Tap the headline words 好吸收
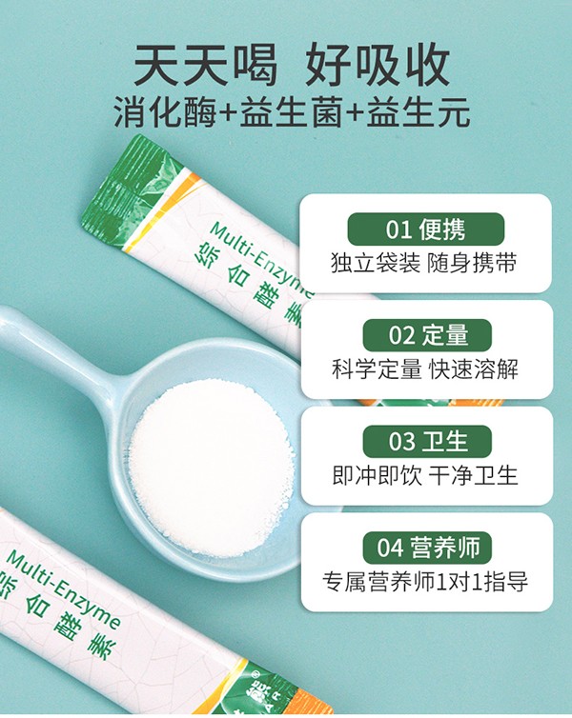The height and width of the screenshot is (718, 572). coord(376,65)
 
